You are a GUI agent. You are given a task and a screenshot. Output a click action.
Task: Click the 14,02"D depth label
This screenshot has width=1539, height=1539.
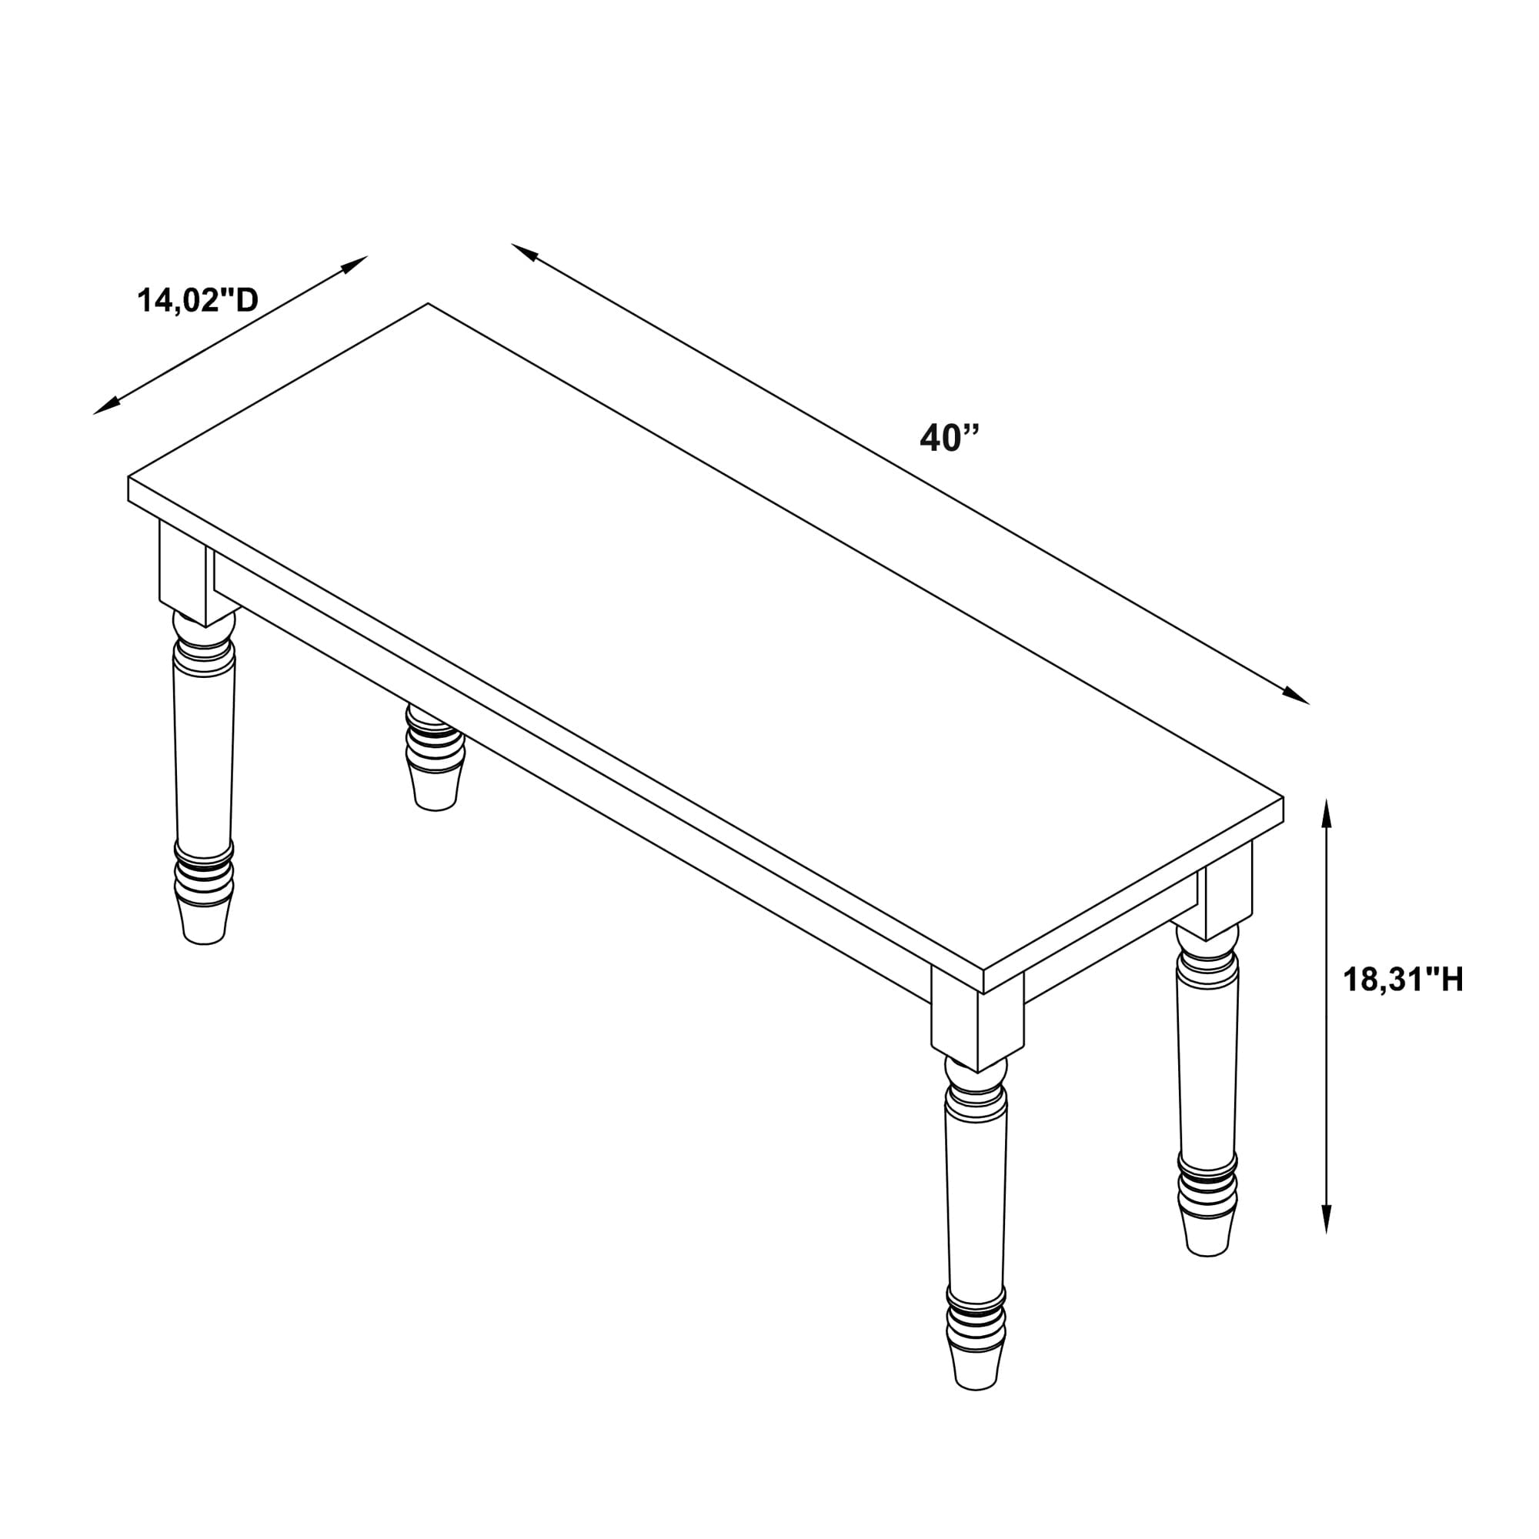(x=199, y=300)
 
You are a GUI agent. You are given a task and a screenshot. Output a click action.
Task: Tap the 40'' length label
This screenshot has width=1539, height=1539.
(x=949, y=437)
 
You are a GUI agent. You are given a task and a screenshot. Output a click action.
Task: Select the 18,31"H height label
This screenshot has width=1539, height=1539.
(x=1404, y=979)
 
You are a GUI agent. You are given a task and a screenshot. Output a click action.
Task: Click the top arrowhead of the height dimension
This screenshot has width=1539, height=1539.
(x=1327, y=813)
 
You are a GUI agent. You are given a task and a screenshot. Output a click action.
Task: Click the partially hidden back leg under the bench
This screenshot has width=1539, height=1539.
(x=434, y=756)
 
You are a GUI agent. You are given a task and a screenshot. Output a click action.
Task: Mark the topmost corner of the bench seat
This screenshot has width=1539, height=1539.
(x=428, y=303)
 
